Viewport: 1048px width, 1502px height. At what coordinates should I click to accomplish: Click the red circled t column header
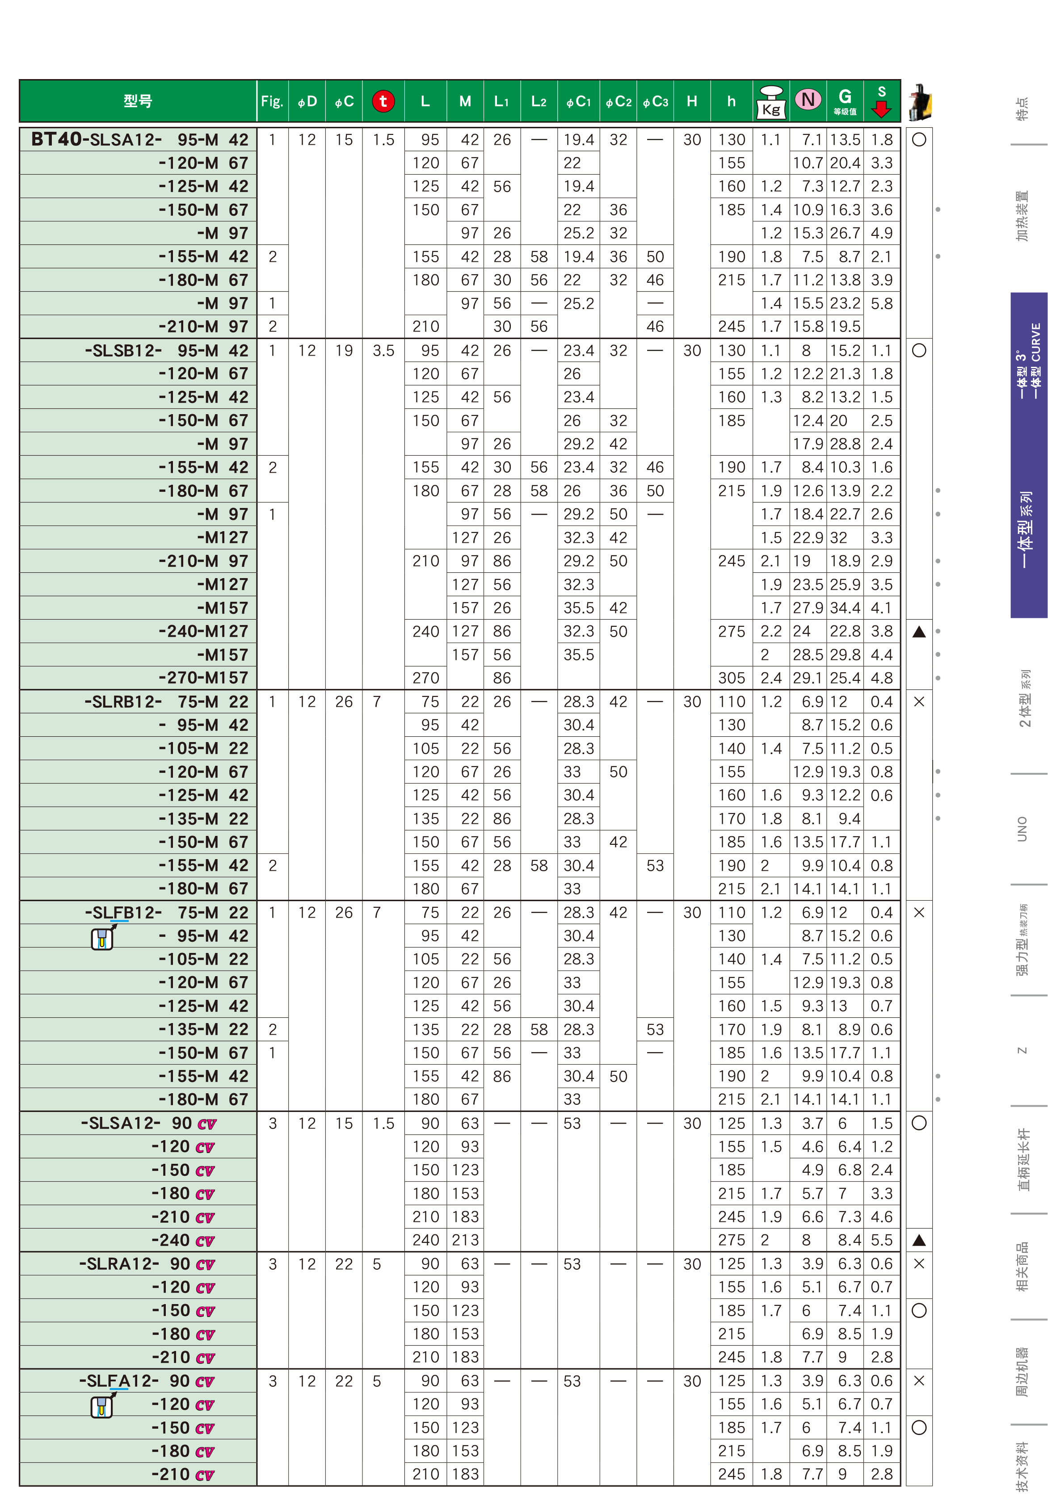383,101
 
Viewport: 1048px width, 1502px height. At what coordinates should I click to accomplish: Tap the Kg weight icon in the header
771,102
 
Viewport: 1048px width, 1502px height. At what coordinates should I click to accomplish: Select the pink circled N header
808,100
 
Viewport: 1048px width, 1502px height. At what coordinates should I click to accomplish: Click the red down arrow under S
882,109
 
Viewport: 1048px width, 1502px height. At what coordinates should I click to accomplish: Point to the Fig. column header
272,101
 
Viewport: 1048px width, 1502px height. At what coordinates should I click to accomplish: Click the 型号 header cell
138,101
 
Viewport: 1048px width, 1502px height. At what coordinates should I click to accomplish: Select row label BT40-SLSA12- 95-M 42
139,139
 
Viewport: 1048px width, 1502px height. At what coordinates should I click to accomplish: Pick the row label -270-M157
203,678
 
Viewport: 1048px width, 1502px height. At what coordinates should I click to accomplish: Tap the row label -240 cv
183,1240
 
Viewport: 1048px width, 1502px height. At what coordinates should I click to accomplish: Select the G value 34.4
844,608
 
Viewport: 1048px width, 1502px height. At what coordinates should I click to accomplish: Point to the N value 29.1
807,678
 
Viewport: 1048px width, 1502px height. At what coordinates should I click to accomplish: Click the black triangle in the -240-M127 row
918,631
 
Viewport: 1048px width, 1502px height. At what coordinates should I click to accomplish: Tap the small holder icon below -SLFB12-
102,938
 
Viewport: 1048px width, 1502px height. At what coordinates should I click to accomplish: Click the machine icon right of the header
920,102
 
